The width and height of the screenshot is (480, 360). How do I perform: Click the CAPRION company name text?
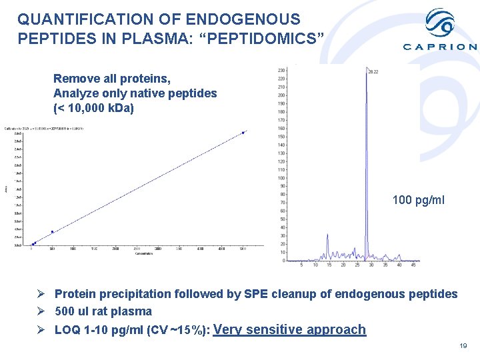tap(440, 47)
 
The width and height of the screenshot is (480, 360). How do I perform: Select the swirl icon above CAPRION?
tap(441, 24)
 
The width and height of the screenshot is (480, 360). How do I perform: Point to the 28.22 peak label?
tap(373, 71)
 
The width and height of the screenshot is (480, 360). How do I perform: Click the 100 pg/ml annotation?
tap(419, 200)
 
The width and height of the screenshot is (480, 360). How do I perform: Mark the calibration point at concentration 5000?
tap(243, 133)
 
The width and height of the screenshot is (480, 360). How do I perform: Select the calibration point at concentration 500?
tap(53, 232)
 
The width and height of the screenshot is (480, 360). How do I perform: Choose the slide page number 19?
tap(463, 345)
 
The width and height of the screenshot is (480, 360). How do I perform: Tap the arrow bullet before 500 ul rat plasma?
tap(41, 311)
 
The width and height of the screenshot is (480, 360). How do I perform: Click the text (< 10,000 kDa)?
tap(93, 108)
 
